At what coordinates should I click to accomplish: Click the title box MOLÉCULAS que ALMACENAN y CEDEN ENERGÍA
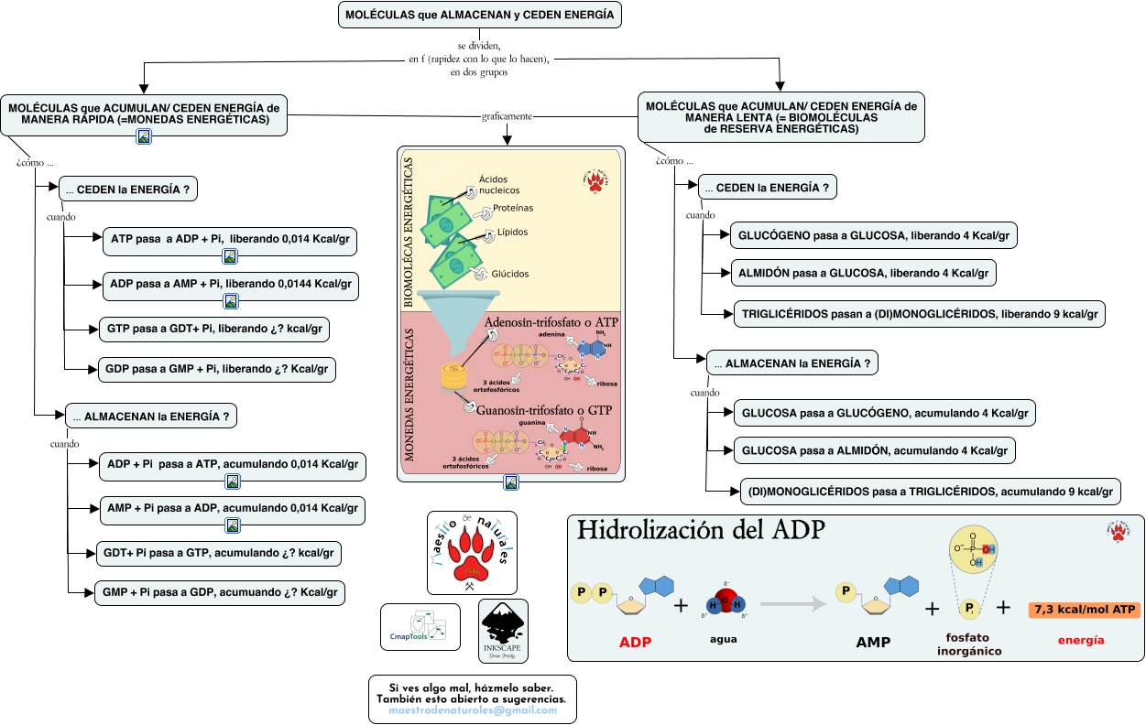click(x=480, y=16)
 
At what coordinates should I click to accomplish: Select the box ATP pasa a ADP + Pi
click(x=228, y=239)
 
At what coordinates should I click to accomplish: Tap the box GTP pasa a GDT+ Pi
click(x=214, y=328)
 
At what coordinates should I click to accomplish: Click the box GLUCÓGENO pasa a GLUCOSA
click(x=873, y=235)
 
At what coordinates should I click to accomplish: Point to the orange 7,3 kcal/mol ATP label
click(x=1083, y=609)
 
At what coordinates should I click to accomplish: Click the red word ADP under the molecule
click(x=635, y=642)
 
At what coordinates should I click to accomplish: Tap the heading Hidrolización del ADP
click(x=701, y=531)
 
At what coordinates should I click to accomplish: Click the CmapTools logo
click(x=420, y=627)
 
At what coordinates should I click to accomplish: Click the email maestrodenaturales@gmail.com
click(x=473, y=709)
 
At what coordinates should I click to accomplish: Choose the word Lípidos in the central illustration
click(x=512, y=233)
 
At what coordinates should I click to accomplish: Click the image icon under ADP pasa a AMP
click(x=231, y=300)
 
